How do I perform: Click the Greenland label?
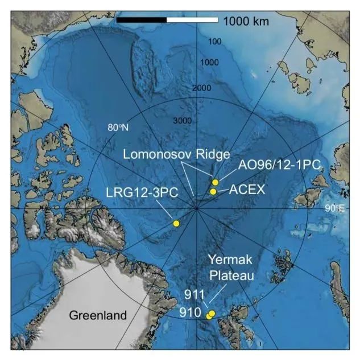(98, 315)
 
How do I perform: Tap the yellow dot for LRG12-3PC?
(176, 224)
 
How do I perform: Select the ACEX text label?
(247, 190)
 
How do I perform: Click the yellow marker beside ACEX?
(213, 191)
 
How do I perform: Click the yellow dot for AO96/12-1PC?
(216, 182)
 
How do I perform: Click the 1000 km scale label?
(246, 22)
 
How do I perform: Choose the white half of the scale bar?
(192, 20)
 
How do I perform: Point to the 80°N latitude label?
(118, 127)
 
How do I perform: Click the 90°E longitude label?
(336, 208)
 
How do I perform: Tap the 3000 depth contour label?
(183, 121)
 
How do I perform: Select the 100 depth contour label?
(214, 42)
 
